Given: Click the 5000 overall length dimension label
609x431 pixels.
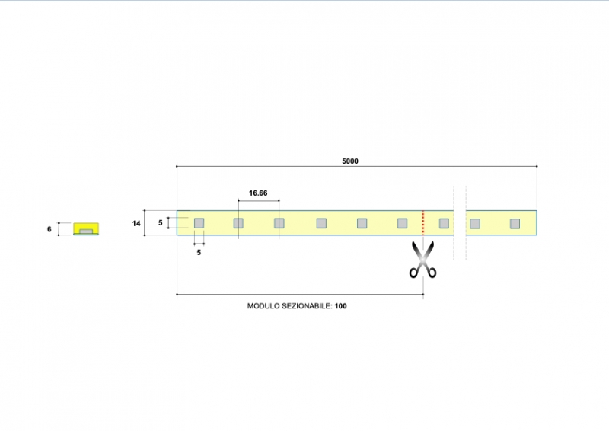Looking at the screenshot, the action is pyautogui.click(x=350, y=161).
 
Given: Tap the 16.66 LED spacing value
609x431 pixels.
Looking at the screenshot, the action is pyautogui.click(x=258, y=193).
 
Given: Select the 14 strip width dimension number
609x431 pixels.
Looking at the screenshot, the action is pyautogui.click(x=136, y=223).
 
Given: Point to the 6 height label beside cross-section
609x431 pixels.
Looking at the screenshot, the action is pyautogui.click(x=49, y=229).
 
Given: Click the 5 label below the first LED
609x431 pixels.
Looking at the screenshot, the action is pyautogui.click(x=199, y=253).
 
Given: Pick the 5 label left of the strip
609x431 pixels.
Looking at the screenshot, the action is pyautogui.click(x=161, y=223).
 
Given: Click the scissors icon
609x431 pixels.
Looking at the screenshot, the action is pyautogui.click(x=423, y=260).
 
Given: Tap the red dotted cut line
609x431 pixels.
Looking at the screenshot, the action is pyautogui.click(x=423, y=222).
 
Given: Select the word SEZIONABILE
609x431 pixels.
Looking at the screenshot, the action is pyautogui.click(x=307, y=306).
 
